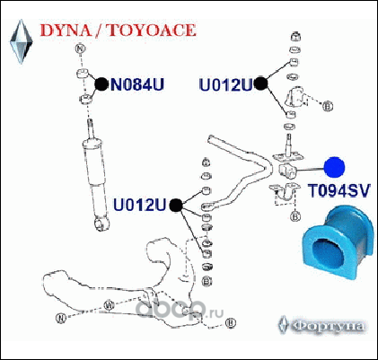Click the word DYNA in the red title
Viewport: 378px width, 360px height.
(66, 31)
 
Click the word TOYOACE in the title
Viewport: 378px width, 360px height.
(151, 31)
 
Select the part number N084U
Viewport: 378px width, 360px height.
(137, 84)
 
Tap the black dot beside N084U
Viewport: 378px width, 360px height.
(101, 84)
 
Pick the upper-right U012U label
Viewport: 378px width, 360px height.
(225, 84)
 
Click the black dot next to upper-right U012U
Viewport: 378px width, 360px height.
(260, 83)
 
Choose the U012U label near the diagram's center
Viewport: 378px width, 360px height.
(139, 206)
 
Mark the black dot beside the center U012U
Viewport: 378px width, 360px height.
(176, 206)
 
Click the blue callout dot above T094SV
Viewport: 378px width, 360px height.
(335, 167)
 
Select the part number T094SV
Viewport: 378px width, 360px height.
(339, 190)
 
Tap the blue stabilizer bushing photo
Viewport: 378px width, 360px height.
(338, 241)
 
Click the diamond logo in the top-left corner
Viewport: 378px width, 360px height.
(22, 41)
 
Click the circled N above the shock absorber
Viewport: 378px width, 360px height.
(81, 48)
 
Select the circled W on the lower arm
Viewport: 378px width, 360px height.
(109, 305)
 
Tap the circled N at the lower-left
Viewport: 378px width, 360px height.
(61, 318)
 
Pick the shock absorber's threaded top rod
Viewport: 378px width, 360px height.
(90, 129)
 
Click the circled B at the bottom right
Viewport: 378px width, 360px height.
(231, 323)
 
